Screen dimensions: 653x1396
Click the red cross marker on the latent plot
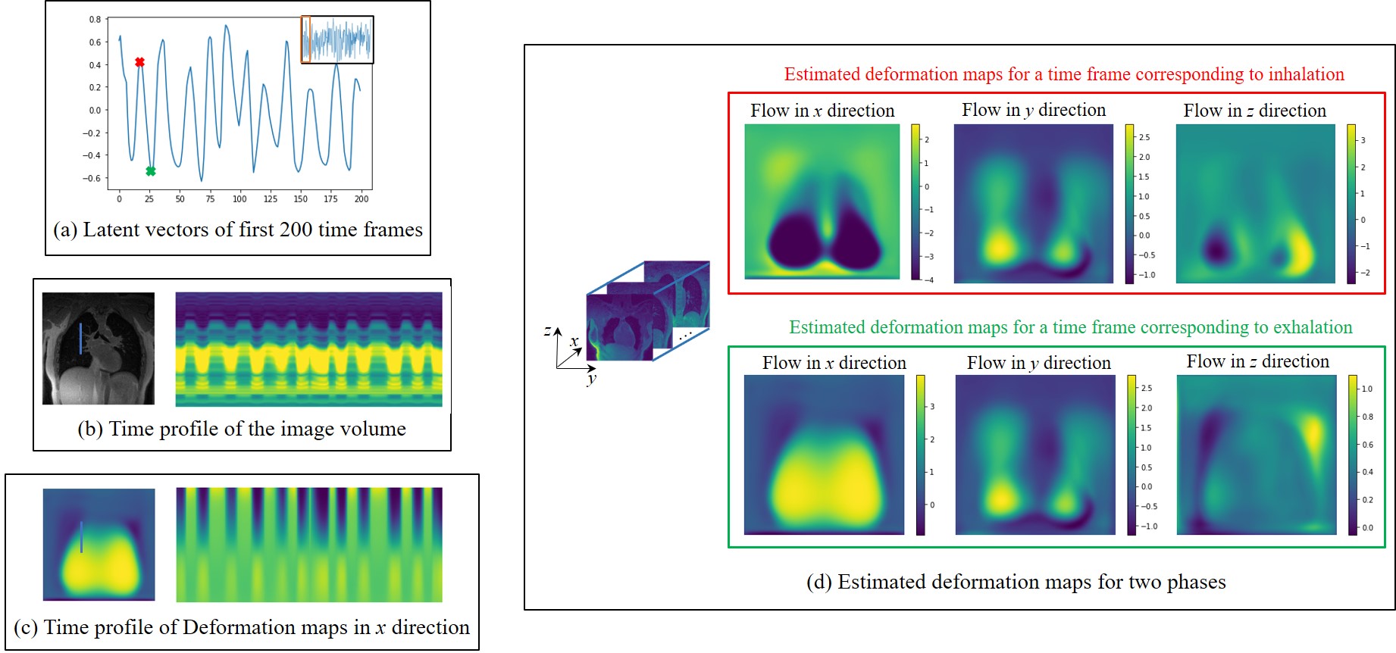[139, 62]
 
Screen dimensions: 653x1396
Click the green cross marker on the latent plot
[151, 171]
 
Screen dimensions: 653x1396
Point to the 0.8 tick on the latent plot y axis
[95, 20]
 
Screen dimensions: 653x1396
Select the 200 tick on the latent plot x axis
[362, 199]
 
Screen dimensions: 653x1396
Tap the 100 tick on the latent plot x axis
[239, 199]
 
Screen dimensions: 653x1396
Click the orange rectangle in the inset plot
[305, 39]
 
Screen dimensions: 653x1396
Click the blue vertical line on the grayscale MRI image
[80, 338]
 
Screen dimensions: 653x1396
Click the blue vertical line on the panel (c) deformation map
[81, 536]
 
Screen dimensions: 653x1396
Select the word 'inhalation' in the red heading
[1306, 74]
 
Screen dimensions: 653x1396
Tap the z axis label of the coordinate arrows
[547, 330]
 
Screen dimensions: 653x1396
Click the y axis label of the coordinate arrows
[591, 378]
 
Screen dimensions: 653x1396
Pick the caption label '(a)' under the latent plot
[65, 230]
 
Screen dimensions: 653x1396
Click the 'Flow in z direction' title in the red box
[1254, 111]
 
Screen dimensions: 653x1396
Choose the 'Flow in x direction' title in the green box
[834, 363]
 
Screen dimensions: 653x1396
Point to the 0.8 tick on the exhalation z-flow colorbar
[1367, 417]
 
